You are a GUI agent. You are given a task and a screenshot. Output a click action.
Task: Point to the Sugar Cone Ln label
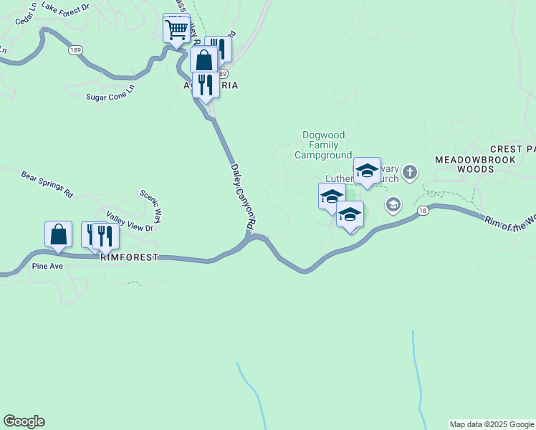110,92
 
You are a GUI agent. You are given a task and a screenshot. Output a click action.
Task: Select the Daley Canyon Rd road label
242,197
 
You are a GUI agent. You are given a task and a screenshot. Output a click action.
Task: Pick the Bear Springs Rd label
47,184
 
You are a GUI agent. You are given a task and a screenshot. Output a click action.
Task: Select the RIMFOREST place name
129,257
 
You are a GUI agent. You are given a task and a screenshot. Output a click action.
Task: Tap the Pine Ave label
48,267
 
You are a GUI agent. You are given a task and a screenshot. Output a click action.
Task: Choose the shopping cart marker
176,30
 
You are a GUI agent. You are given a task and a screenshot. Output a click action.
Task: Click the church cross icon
409,172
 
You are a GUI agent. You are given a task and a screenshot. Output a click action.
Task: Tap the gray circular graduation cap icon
393,206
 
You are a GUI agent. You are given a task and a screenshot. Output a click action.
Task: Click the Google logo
24,421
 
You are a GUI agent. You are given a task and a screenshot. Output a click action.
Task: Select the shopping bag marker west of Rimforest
58,234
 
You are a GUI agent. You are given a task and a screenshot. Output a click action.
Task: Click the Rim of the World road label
510,222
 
